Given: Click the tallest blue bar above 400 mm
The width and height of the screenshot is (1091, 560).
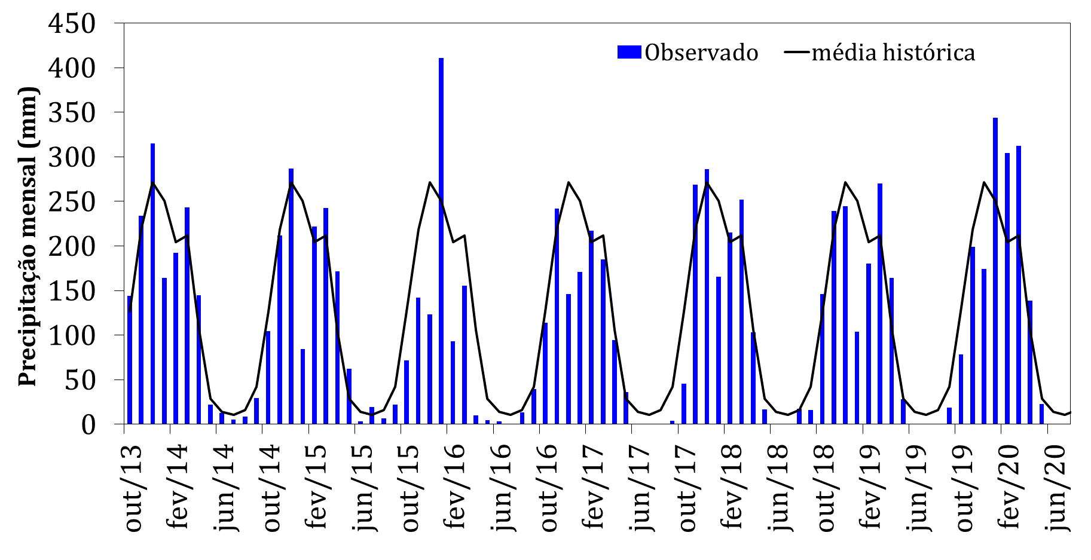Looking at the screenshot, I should [441, 239].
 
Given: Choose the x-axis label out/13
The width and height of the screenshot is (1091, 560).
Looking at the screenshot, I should [133, 487].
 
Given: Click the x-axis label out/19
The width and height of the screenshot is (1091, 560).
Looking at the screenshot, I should [964, 487].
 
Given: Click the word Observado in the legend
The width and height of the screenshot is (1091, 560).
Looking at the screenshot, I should [701, 53].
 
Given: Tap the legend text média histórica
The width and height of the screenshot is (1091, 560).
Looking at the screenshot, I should [893, 53].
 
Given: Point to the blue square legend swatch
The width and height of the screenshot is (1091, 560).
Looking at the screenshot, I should [629, 53].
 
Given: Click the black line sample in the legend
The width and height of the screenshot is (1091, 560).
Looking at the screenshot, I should [797, 53].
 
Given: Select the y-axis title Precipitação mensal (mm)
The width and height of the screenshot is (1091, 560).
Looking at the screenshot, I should [27, 237].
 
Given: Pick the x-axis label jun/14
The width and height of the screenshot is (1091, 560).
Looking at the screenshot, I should [225, 488].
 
